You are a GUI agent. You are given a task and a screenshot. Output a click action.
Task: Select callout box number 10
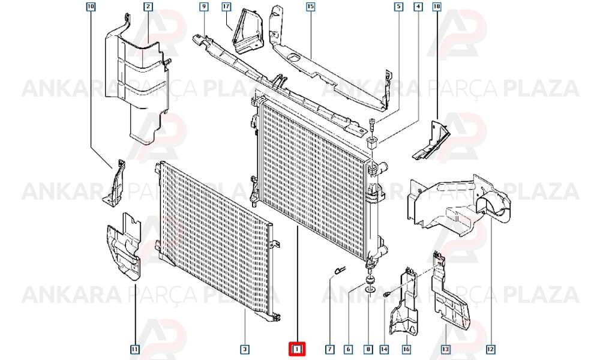(x=91, y=7)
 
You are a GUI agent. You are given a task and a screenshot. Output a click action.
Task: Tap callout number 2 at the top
(x=148, y=7)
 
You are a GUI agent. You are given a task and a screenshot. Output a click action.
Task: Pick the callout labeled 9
(x=203, y=7)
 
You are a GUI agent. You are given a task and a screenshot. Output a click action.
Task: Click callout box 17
(x=227, y=7)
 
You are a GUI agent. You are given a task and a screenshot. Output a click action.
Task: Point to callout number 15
(x=310, y=7)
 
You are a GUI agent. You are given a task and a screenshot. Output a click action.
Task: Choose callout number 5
(x=399, y=7)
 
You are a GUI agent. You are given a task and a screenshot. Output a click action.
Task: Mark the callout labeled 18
(x=437, y=7)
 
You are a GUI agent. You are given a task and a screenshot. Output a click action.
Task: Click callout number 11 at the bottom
(x=134, y=349)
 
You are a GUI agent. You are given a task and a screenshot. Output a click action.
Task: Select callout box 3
(x=245, y=349)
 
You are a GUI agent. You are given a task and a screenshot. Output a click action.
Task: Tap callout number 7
(x=329, y=349)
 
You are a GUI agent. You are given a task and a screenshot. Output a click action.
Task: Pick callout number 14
(x=384, y=349)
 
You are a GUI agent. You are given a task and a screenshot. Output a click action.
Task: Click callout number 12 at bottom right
(x=491, y=349)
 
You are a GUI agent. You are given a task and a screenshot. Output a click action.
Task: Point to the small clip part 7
(x=339, y=270)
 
